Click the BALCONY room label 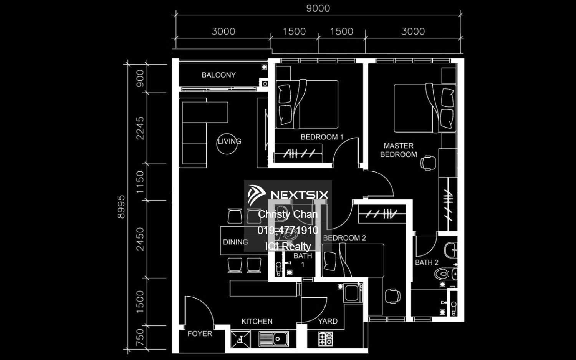tap(218, 75)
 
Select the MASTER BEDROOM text tap(399, 150)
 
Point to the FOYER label tap(200, 333)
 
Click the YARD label tap(328, 321)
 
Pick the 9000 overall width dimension tap(318, 8)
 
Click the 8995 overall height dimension tap(121, 207)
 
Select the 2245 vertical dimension tap(140, 128)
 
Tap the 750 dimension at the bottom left tap(140, 338)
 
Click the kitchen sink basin tap(273, 338)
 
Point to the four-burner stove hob tap(326, 338)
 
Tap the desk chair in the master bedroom tap(428, 163)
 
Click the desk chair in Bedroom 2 tap(393, 296)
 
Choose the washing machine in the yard tap(352, 293)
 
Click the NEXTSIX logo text tap(300, 195)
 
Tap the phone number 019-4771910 tap(288, 230)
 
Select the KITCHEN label tap(257, 321)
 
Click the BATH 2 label tap(427, 262)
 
